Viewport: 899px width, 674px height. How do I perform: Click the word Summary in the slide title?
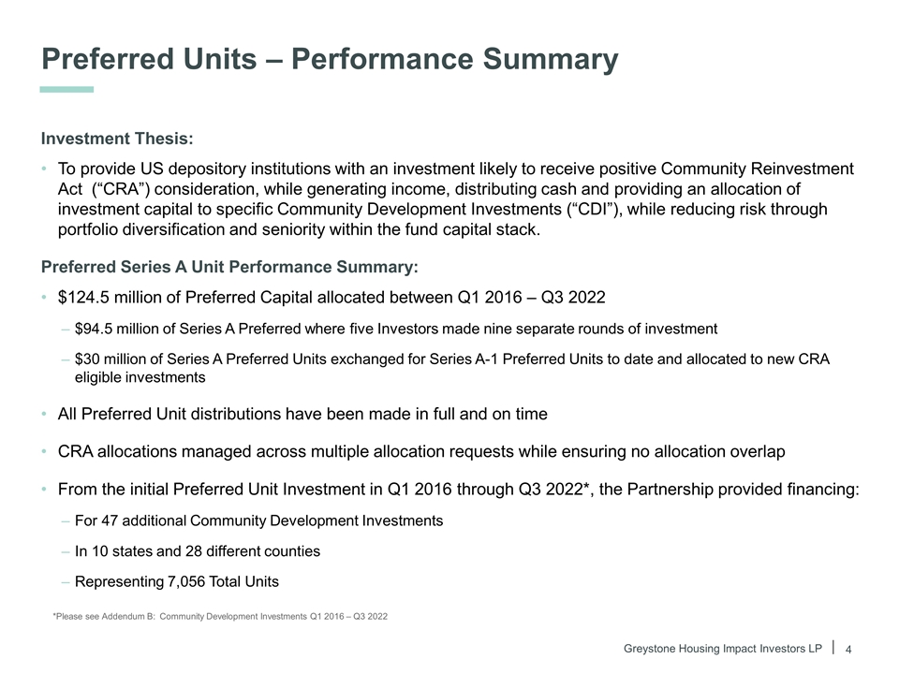[550, 60]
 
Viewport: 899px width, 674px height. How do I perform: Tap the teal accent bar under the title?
[66, 90]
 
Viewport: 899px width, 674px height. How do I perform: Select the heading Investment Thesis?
[117, 139]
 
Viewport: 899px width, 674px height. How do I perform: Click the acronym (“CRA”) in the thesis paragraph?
[121, 189]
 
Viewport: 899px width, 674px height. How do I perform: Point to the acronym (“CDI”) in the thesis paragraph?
[594, 209]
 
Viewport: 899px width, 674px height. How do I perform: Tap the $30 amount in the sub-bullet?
[86, 359]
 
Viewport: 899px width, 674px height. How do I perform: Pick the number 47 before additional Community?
[110, 521]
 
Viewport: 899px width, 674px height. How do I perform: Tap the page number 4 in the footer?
[848, 650]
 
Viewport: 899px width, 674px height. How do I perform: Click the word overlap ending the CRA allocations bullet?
[758, 451]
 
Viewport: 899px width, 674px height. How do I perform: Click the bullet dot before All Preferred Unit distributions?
[44, 415]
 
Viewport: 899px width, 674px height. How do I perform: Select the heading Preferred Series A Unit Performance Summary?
[229, 267]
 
